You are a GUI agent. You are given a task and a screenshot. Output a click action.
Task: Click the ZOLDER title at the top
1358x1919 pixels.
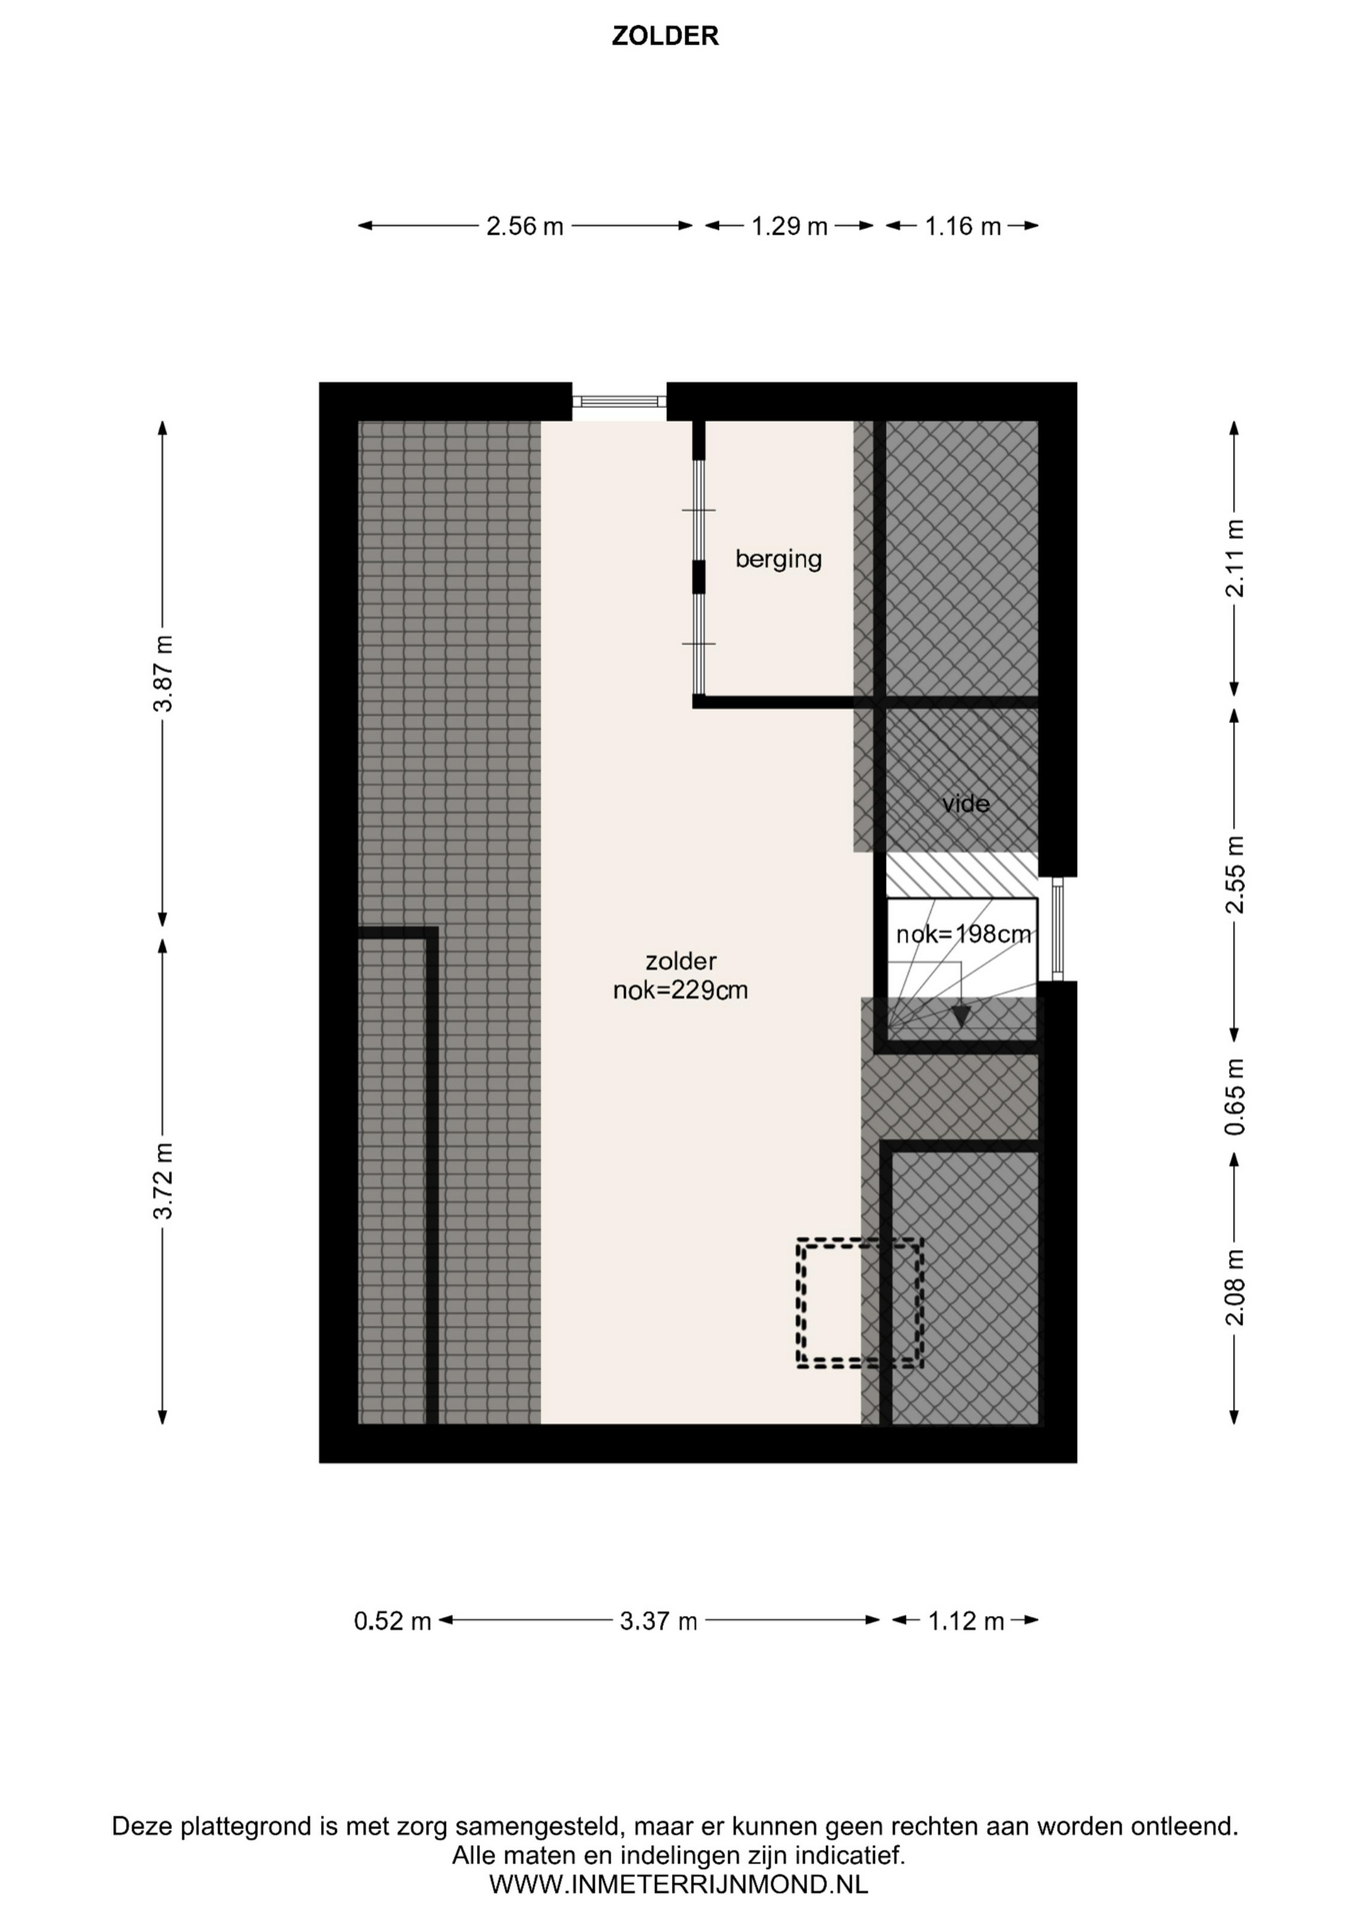665,36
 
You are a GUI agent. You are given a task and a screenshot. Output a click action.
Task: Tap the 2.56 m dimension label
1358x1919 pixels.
525,227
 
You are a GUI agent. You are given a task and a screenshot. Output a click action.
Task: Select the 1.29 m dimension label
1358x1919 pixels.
790,227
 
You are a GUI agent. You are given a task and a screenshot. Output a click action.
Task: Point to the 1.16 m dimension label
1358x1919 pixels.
963,227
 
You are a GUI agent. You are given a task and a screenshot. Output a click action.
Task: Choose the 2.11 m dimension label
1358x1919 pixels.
1235,559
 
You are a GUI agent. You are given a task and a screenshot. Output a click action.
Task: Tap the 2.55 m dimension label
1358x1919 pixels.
1235,875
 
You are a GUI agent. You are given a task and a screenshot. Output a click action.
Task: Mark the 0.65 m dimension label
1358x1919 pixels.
1235,1096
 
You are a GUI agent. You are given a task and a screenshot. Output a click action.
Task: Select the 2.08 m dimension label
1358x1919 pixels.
1235,1287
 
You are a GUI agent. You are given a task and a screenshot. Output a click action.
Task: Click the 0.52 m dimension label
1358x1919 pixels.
393,1621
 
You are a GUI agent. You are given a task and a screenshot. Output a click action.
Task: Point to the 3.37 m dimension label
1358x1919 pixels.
659,1621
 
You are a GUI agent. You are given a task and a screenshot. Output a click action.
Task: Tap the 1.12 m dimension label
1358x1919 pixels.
966,1621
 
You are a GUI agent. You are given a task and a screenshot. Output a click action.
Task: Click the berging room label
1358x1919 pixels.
779,559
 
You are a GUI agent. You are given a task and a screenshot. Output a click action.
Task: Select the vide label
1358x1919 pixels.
966,804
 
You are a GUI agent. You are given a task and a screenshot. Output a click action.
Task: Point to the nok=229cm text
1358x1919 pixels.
681,991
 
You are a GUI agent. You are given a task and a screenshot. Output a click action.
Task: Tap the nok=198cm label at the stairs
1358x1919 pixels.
963,935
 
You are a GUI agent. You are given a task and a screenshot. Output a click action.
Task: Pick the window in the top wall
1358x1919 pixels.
619,402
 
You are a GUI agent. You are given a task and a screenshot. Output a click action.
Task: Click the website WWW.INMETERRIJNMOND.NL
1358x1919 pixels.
678,1885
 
